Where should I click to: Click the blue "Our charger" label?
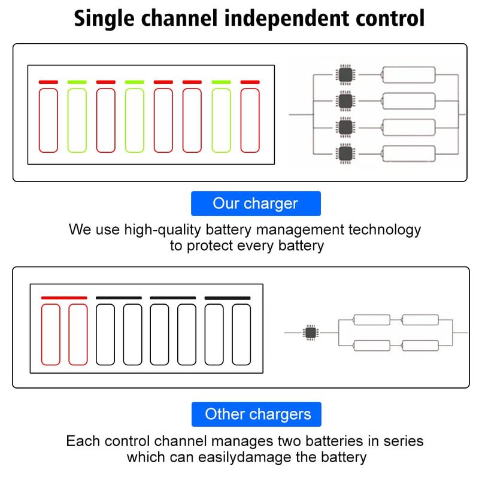[x=255, y=204]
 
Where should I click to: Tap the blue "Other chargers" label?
[x=257, y=414]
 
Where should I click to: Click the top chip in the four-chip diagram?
[x=345, y=75]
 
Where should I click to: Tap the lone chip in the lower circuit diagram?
[x=310, y=332]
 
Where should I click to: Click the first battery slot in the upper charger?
[x=48, y=120]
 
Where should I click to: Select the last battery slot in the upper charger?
[x=250, y=120]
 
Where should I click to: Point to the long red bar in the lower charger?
[x=64, y=298]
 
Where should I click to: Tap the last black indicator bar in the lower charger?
[x=228, y=298]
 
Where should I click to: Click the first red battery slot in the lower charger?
[x=51, y=334]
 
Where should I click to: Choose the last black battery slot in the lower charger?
[x=241, y=334]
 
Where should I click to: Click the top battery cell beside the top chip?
[x=408, y=75]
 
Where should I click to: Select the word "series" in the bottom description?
[x=401, y=442]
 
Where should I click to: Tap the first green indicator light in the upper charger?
[x=77, y=82]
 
